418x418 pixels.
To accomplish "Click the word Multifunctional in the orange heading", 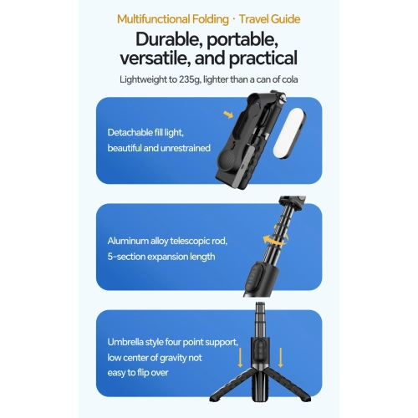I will point(153,18).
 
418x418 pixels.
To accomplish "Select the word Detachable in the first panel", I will point(128,133).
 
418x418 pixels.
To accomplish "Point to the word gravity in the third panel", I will point(185,357).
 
